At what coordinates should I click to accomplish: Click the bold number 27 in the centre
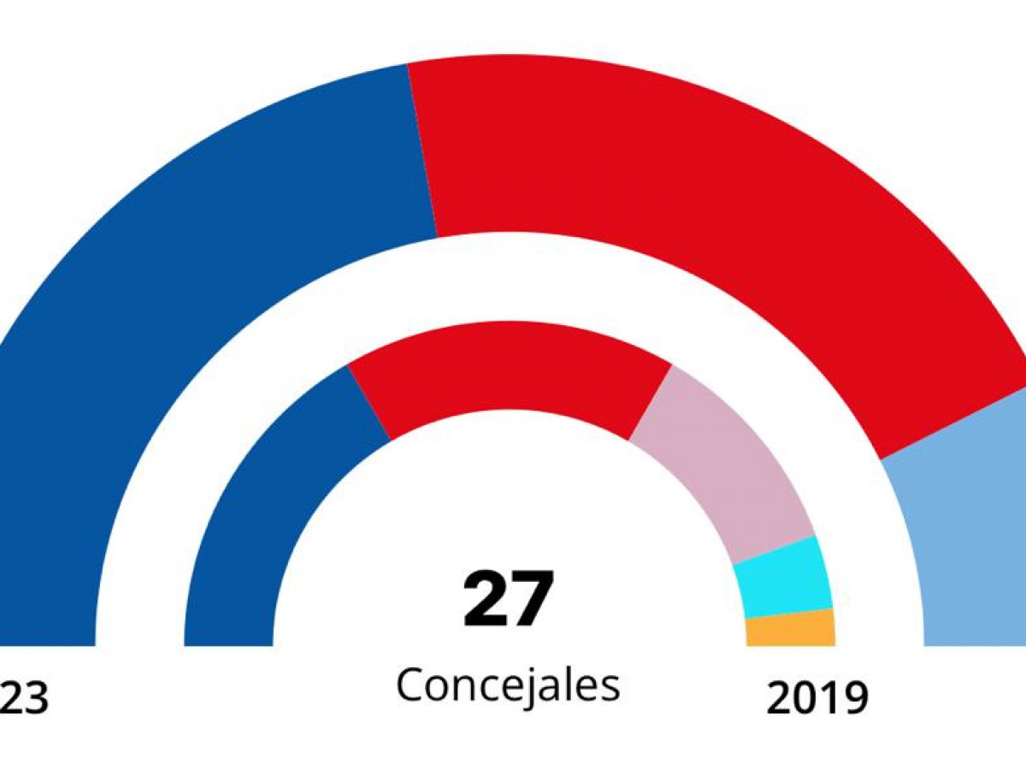(509, 599)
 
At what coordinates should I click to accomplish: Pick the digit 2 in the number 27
(485, 599)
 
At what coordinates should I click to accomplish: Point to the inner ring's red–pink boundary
(651, 404)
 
